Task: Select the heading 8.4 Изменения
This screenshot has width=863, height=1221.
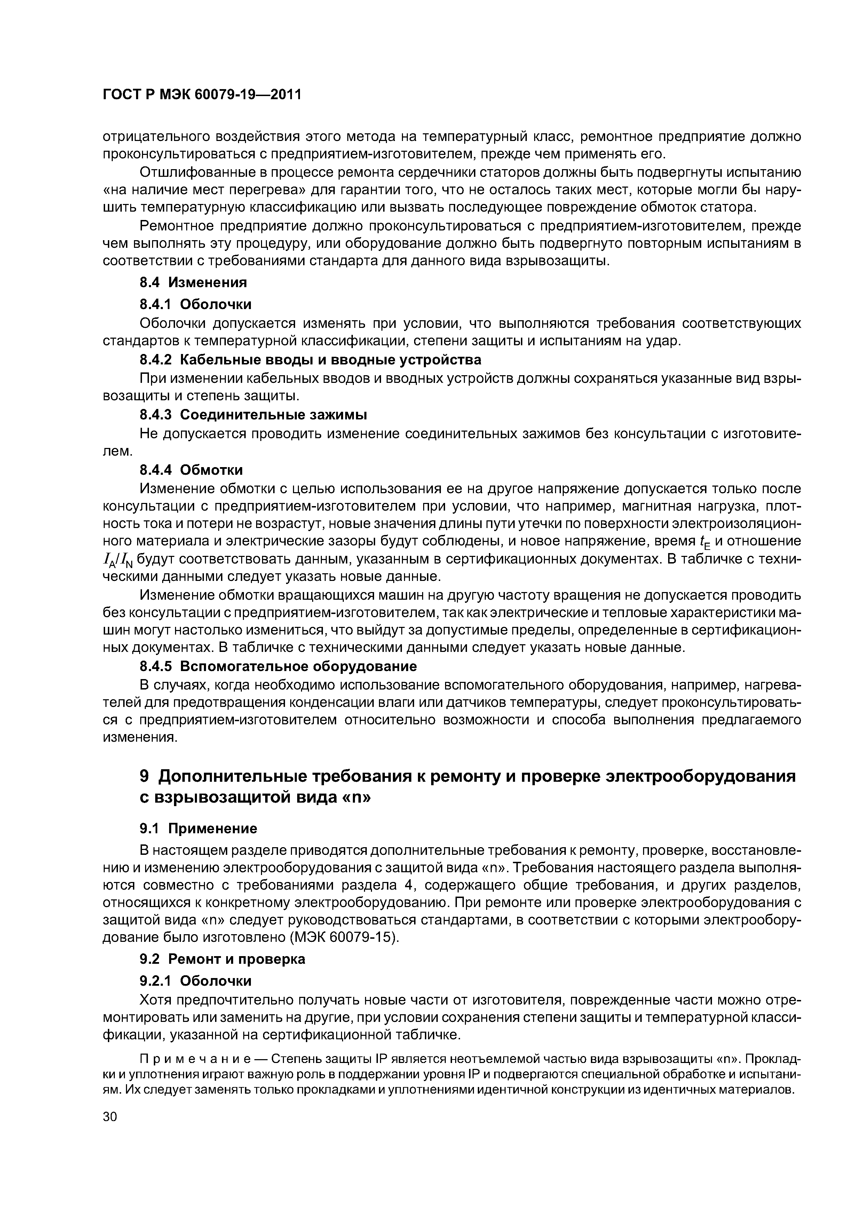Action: pos(193,282)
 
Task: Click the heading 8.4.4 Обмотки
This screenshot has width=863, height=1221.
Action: pos(191,470)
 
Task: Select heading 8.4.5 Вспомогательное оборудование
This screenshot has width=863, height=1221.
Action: pos(278,666)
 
